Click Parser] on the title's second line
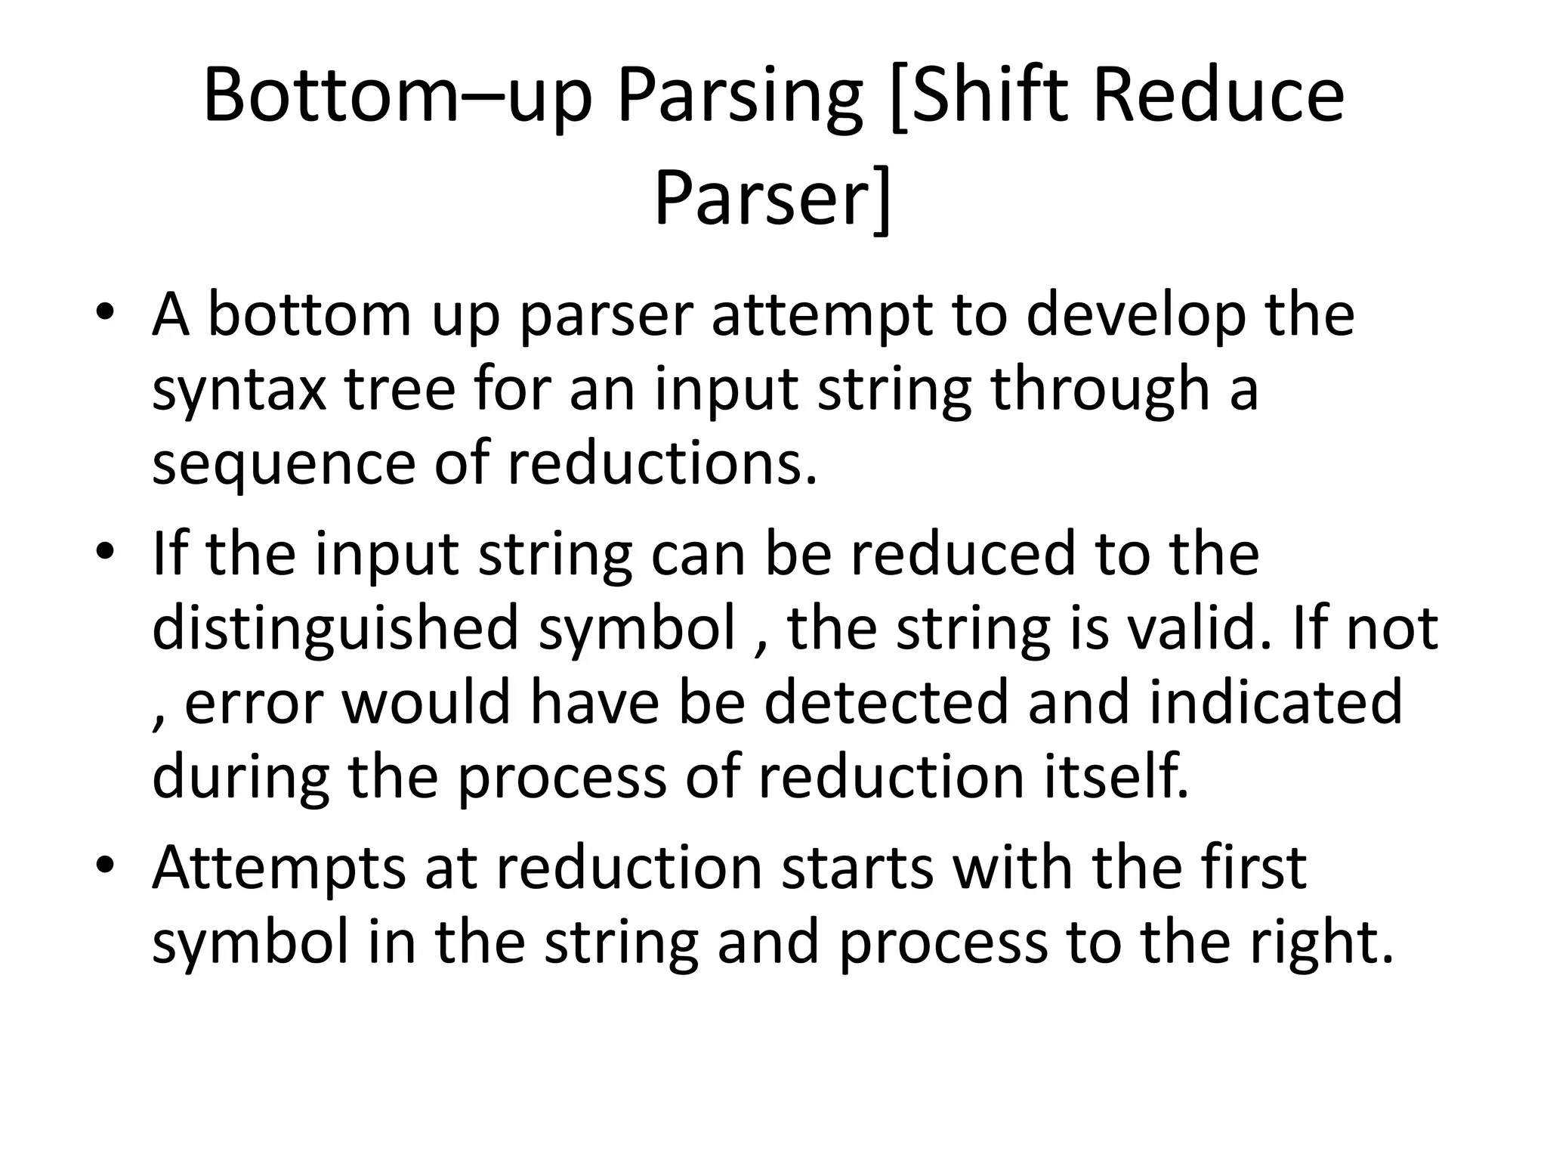[772, 199]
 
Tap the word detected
[886, 702]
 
